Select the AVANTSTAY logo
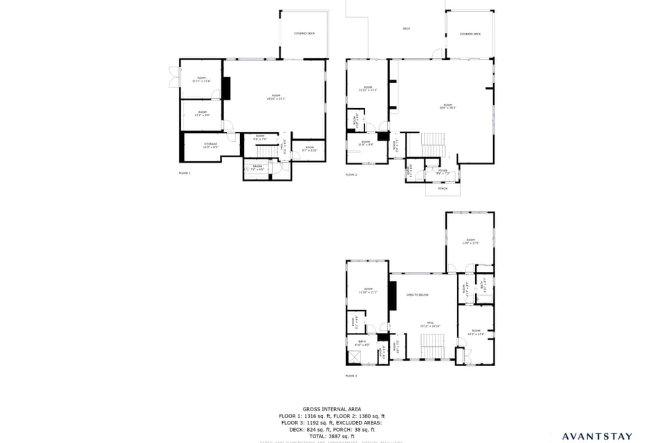(x=596, y=436)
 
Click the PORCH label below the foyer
(x=442, y=188)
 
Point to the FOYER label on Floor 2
(x=443, y=171)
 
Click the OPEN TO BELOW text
(x=418, y=295)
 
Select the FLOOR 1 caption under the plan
(x=184, y=173)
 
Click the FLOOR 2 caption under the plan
(x=351, y=174)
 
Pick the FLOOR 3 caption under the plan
(x=351, y=376)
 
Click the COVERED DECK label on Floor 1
(x=304, y=33)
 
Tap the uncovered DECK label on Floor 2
(x=406, y=28)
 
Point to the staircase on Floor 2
(x=433, y=145)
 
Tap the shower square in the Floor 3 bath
(x=355, y=356)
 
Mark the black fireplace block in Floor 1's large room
(x=226, y=88)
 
